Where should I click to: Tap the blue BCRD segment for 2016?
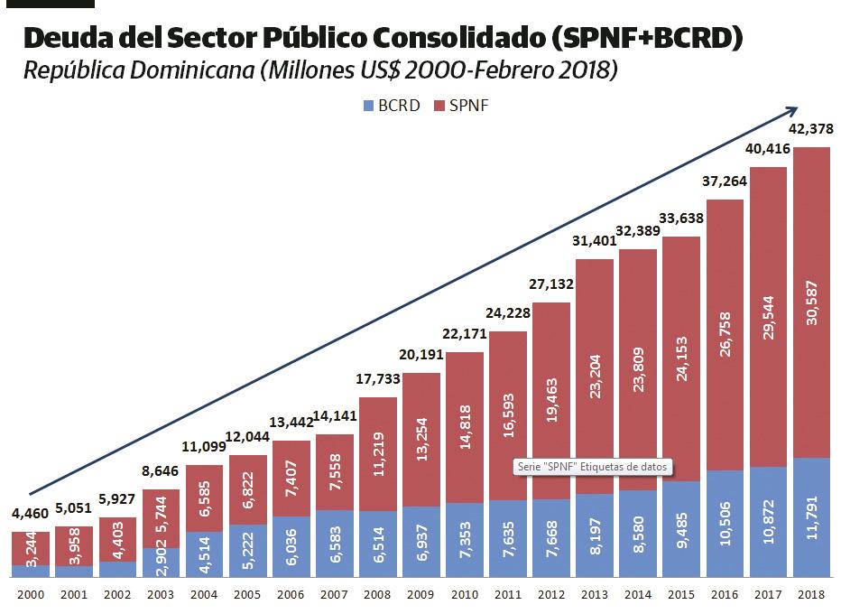click(x=725, y=524)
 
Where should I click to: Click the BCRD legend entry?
click(x=392, y=106)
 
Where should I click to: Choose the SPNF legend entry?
click(x=461, y=106)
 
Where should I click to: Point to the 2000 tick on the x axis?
click(x=30, y=596)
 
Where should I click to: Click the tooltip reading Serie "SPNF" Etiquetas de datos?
click(x=594, y=468)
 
